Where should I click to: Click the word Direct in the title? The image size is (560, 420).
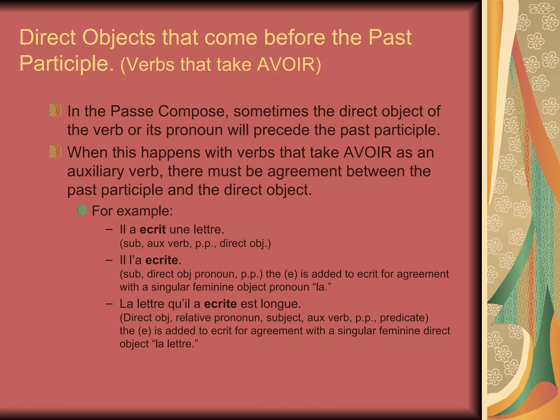(x=47, y=37)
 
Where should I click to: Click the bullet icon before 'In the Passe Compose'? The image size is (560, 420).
(x=55, y=110)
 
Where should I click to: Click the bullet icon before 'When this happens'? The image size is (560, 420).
(x=55, y=151)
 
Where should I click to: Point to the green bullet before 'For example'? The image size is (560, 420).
(x=82, y=210)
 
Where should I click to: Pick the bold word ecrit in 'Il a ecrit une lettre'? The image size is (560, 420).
(x=153, y=229)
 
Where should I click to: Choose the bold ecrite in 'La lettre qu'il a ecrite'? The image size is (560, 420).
(x=220, y=304)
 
